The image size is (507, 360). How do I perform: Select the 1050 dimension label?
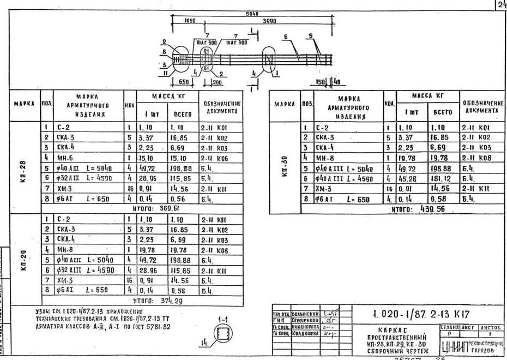click(190, 21)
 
